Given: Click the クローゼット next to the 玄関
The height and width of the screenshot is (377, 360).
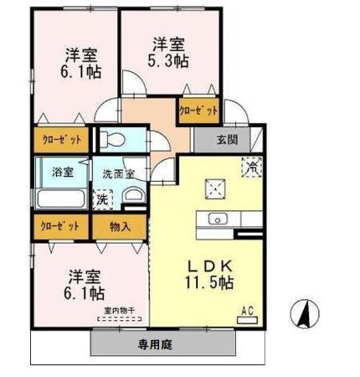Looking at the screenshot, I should [198, 110].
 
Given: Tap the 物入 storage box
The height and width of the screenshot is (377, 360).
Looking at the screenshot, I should [120, 225].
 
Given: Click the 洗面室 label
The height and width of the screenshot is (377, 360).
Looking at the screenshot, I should [120, 173].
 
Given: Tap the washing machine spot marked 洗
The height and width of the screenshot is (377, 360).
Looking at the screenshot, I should [101, 199].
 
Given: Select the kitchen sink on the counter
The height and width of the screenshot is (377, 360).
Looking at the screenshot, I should [216, 220].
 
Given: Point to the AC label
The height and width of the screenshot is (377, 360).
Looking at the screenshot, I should [247, 310].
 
